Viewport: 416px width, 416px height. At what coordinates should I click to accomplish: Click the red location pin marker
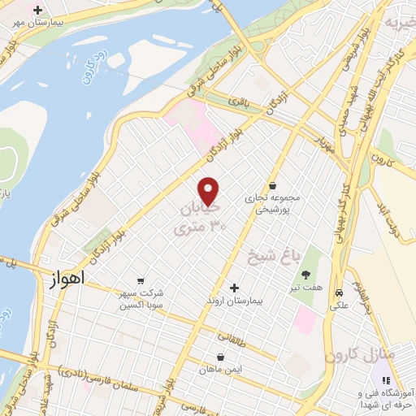click(209, 191)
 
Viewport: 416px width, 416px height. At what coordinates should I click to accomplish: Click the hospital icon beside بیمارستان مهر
click(37, 10)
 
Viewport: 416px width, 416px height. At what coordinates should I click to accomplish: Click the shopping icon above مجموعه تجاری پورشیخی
click(271, 186)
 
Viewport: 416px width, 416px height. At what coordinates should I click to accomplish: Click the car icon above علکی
click(339, 292)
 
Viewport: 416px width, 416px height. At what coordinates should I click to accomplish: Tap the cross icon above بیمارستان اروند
click(234, 288)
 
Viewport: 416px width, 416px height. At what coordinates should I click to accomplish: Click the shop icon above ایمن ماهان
click(219, 356)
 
